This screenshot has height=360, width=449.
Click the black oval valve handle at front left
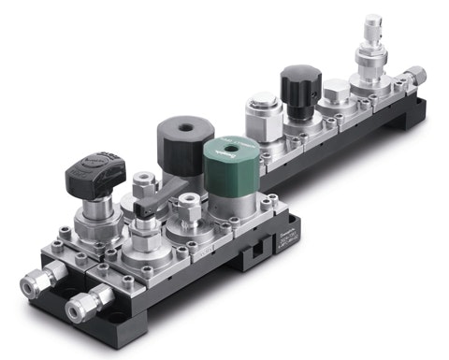[x=95, y=170]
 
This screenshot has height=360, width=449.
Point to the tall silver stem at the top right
[x=374, y=28]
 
